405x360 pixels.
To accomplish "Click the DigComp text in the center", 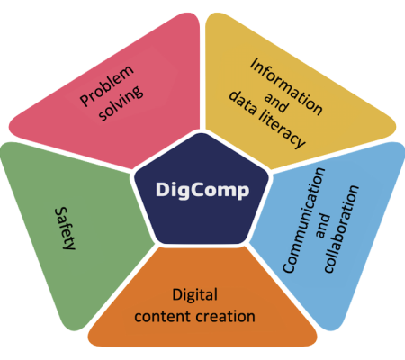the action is pos(202,190).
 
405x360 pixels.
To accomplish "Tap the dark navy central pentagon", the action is pos(202,192).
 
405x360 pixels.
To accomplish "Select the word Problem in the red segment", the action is pos(107,85).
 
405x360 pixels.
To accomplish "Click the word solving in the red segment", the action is pos(121,103).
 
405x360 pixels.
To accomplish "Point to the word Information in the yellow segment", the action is pos(286,86).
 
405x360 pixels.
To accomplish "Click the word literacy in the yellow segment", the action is pos(282,130).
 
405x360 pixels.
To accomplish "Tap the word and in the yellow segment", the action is pos(276,103).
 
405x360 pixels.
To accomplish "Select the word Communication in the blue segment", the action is pos(304,220).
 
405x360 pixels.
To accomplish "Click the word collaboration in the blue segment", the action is pos(341,229).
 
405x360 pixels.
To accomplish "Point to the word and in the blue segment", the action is pos(323,227).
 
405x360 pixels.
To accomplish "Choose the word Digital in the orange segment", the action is pos(195,295).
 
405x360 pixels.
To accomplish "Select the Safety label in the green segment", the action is pos(65,229).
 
